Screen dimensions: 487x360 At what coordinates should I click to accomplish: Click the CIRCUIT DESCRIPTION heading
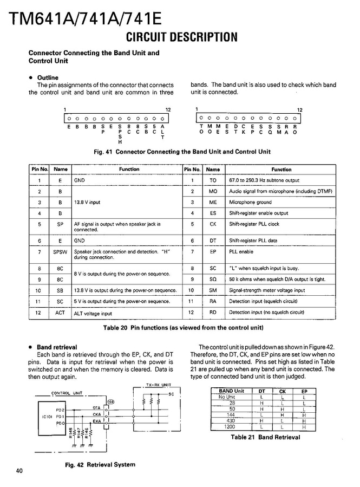pos(182,37)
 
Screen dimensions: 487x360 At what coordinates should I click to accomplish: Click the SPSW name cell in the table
pos(60,252)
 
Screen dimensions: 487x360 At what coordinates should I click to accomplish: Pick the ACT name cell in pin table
pos(60,313)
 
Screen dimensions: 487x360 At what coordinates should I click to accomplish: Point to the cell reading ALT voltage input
pos(93,313)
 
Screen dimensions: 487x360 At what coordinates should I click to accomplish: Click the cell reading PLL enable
pos(241,252)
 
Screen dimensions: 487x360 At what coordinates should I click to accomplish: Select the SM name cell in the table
pos(213,290)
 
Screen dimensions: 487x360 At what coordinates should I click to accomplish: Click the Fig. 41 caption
pos(182,152)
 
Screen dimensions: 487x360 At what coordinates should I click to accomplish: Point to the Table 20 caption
pos(183,328)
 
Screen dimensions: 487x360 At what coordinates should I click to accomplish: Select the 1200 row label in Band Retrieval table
pos(232,427)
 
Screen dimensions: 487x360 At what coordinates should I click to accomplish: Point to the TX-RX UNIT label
pos(158,385)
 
